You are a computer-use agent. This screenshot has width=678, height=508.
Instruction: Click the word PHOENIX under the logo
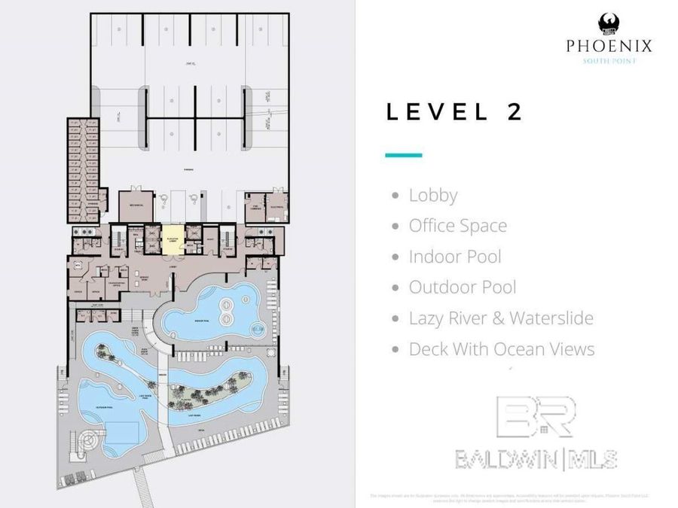pos(609,47)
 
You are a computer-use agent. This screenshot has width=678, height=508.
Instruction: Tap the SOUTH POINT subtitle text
pos(609,61)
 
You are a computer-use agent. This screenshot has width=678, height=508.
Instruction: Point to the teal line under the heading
pos(403,155)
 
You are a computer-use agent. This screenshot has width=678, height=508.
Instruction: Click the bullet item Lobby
pos(432,196)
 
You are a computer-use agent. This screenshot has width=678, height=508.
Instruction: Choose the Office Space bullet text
pos(457,226)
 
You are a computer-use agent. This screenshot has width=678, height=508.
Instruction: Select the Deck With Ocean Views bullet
pos(501,349)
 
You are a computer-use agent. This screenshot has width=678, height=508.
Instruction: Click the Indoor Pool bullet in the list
pos(454,257)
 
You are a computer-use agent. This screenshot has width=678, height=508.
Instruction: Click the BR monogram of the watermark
pos(535,418)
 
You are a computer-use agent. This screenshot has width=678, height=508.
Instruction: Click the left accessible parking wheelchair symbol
pos(163,199)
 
